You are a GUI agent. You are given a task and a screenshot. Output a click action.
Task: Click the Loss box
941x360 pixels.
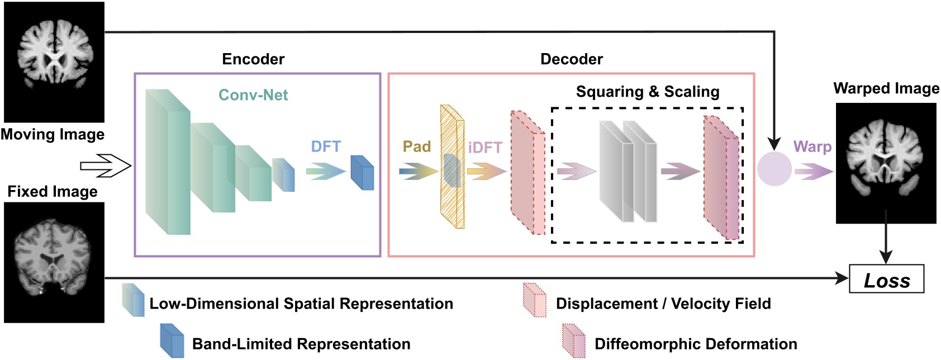886,279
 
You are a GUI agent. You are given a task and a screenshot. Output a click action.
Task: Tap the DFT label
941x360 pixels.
326,146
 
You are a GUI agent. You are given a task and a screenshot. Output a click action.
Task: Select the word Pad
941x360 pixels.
417,146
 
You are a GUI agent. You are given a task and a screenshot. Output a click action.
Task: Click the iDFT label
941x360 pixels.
485,148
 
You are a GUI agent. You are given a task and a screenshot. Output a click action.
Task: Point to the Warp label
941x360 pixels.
812,146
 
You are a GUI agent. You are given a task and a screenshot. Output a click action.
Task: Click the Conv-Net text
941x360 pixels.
253,95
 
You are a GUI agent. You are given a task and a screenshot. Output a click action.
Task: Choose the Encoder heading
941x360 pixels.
253,59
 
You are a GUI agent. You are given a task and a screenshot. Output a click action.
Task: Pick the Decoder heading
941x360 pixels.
572,59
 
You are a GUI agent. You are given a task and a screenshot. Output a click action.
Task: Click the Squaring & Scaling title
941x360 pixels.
648,92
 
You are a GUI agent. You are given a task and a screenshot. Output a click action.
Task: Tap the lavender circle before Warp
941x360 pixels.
774,169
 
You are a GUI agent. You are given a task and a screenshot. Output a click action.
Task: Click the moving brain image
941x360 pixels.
54,62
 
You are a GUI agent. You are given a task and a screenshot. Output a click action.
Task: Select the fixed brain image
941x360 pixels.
54,262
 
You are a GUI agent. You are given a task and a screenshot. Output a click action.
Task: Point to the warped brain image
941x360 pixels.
886,163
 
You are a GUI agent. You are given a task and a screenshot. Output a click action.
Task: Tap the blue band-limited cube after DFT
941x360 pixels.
362,173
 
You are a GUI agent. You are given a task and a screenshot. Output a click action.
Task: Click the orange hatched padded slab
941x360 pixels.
453,167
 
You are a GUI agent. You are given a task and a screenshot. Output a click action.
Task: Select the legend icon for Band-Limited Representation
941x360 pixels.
172,340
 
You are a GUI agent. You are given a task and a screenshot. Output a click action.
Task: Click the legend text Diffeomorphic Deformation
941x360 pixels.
696,344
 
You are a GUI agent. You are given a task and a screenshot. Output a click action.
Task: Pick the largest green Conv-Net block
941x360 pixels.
168,162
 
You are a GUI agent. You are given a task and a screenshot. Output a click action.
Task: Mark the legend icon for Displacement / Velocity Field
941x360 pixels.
535,300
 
